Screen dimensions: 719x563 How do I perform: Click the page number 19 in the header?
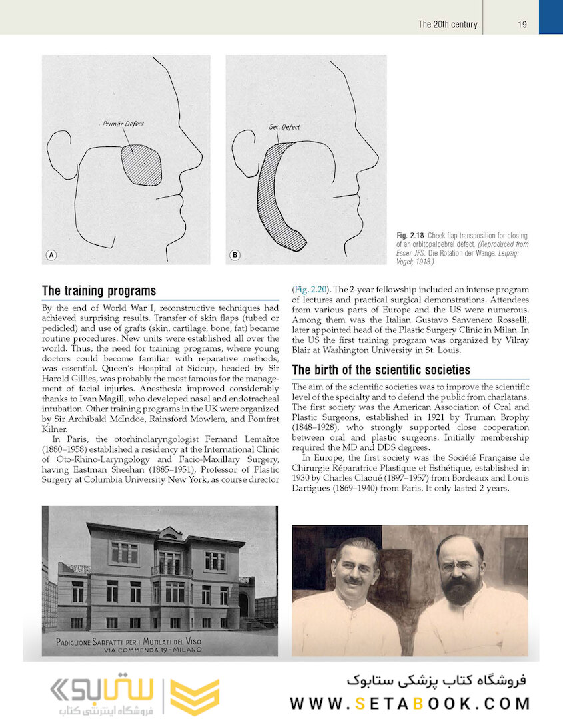(522, 24)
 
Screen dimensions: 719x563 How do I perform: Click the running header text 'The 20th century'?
(448, 24)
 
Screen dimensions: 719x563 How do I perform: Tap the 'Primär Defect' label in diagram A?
(123, 124)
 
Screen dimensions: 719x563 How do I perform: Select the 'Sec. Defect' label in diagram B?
(284, 126)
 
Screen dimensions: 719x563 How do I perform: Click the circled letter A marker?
(51, 255)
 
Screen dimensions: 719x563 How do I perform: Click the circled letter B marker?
(235, 255)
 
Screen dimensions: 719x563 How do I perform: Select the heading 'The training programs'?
(99, 291)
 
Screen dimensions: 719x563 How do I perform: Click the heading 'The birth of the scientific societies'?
(381, 370)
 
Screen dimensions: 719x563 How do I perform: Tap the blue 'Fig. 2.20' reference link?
(310, 289)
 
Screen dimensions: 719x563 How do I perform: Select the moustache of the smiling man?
(352, 580)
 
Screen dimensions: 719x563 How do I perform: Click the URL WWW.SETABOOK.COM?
(410, 703)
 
